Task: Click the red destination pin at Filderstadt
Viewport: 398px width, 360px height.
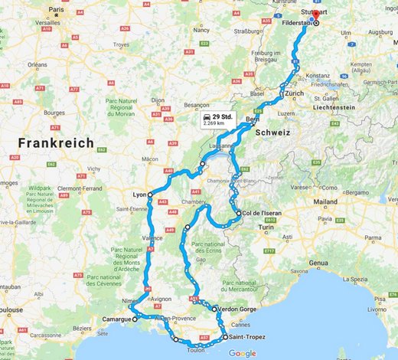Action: tap(316, 15)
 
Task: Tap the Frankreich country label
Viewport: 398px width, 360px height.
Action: tap(56, 143)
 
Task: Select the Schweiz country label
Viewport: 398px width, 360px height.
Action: tap(272, 133)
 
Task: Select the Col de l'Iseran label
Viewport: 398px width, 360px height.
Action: tap(266, 213)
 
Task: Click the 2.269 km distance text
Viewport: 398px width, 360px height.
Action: tap(214, 122)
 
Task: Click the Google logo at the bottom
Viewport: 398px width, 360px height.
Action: tap(242, 353)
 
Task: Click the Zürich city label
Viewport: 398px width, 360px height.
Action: tap(295, 93)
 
